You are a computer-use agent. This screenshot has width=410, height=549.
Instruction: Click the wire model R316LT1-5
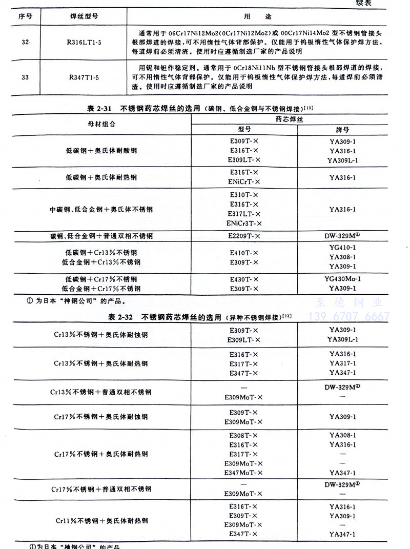click(x=86, y=40)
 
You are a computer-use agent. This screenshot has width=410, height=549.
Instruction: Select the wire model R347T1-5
click(x=86, y=78)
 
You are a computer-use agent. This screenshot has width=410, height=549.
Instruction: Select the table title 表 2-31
click(x=100, y=109)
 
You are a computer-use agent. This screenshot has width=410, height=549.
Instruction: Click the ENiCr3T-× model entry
click(x=244, y=223)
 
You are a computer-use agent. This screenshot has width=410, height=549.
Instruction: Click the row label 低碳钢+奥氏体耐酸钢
click(x=101, y=151)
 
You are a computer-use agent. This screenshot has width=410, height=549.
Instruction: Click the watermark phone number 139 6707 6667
click(x=351, y=316)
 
